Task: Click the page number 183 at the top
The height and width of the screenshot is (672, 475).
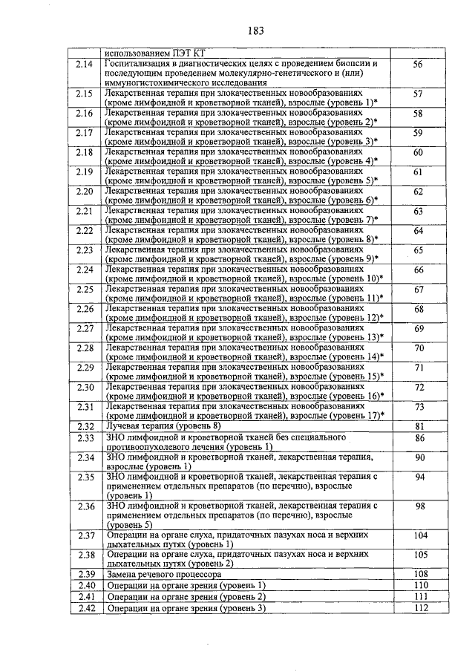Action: (x=237, y=30)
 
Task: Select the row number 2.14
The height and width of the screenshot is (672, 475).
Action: (x=84, y=65)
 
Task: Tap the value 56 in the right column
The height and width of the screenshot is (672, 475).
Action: (x=418, y=65)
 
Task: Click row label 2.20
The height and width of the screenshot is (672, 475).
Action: (x=84, y=192)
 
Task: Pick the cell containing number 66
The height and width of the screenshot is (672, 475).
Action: (x=418, y=270)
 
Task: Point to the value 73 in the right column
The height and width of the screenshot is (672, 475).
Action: (x=418, y=407)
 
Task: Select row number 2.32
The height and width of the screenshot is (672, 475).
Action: (x=84, y=425)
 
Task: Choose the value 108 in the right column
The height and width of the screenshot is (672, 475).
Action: (x=420, y=574)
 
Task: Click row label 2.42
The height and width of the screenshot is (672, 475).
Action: (x=84, y=609)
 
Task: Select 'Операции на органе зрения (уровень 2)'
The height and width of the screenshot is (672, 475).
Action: (x=186, y=597)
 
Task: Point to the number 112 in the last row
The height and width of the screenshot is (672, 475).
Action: (x=420, y=609)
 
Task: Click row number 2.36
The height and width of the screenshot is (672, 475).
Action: (x=84, y=506)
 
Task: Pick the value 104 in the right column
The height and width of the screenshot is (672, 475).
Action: (x=420, y=535)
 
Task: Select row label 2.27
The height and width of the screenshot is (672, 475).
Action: (x=84, y=328)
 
